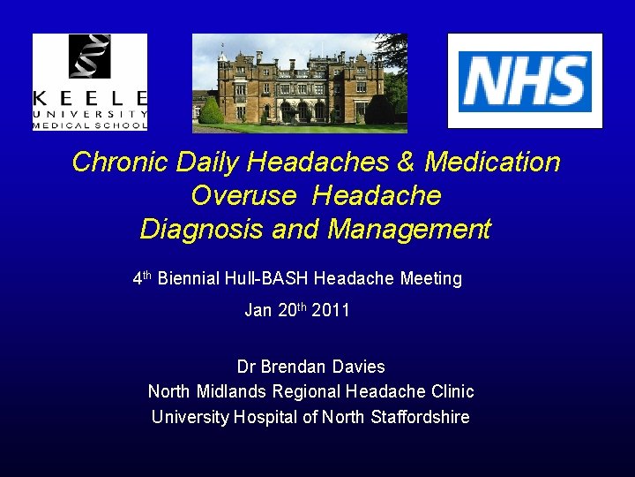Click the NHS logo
[525, 81]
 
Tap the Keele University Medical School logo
[90, 82]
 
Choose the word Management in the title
[409, 230]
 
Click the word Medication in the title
[492, 163]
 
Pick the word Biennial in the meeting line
[189, 279]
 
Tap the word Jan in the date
[258, 311]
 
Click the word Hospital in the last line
[265, 417]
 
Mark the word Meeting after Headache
[431, 279]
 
